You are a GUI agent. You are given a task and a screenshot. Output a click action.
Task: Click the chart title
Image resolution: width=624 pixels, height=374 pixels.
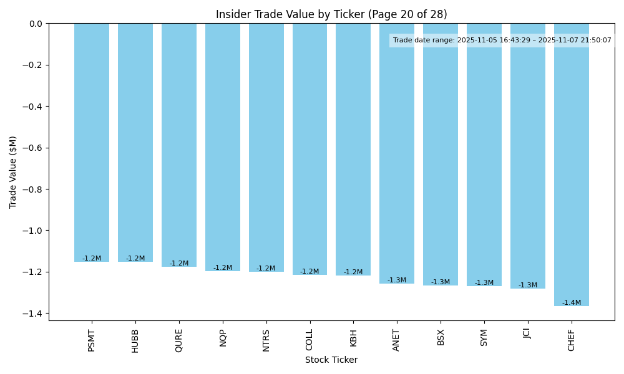(x=331, y=14)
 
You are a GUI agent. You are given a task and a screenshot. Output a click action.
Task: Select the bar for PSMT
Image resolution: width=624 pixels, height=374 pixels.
(x=92, y=142)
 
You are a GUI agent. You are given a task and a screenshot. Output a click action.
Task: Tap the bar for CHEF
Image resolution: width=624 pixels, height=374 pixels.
(x=572, y=165)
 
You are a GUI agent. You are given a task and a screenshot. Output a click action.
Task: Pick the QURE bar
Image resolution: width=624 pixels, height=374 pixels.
(x=179, y=145)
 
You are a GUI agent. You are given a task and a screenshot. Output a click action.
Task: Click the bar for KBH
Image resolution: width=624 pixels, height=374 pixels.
(x=353, y=149)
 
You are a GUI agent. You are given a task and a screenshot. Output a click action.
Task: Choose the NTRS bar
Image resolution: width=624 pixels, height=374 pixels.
(x=266, y=147)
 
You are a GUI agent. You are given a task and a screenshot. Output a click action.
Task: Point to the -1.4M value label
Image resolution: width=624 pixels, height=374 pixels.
(x=572, y=303)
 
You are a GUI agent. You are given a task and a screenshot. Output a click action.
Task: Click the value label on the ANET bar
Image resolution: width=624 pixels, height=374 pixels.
(x=397, y=280)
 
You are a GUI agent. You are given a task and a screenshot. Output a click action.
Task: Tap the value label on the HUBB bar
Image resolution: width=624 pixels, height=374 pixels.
(x=135, y=259)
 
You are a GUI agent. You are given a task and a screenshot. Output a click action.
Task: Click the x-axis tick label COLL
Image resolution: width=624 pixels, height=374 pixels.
(x=310, y=340)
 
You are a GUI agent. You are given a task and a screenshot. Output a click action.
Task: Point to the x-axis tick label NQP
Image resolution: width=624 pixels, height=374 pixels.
(x=223, y=337)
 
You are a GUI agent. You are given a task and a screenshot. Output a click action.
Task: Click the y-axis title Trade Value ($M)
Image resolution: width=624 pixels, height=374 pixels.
(x=13, y=172)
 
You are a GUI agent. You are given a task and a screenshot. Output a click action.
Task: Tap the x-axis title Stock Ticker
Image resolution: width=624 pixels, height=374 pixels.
(x=331, y=360)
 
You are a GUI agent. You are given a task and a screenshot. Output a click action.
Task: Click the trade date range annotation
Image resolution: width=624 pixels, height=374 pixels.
(x=502, y=41)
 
